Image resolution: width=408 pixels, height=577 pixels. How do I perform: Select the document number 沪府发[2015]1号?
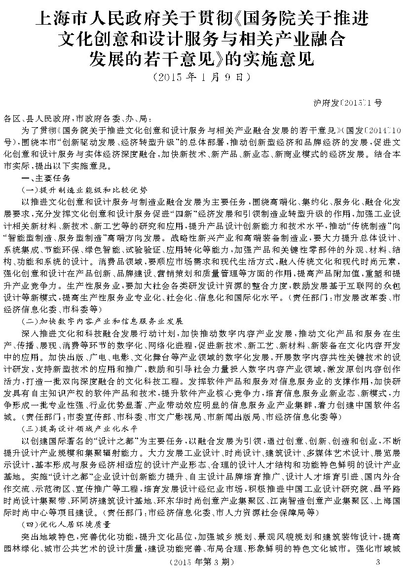pos(348,103)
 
